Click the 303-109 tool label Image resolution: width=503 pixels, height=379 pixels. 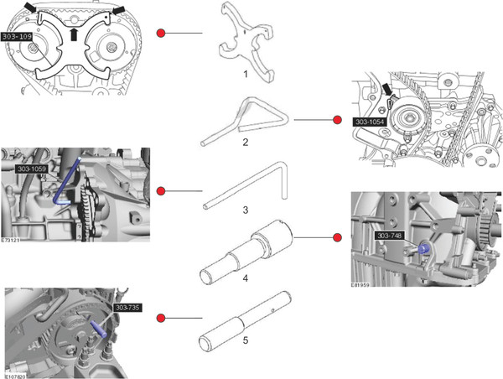point(18,38)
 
